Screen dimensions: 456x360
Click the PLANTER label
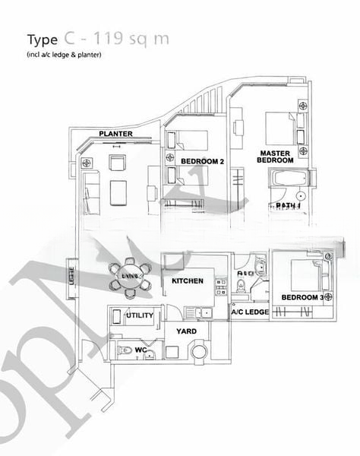(115, 135)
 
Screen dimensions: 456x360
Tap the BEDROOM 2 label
(203, 161)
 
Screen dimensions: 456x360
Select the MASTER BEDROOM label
(275, 157)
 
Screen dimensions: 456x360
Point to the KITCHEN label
(187, 281)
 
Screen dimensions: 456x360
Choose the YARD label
(186, 332)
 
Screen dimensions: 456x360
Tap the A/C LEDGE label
(251, 312)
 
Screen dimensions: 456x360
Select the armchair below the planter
(118, 162)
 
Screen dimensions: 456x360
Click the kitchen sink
(204, 311)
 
